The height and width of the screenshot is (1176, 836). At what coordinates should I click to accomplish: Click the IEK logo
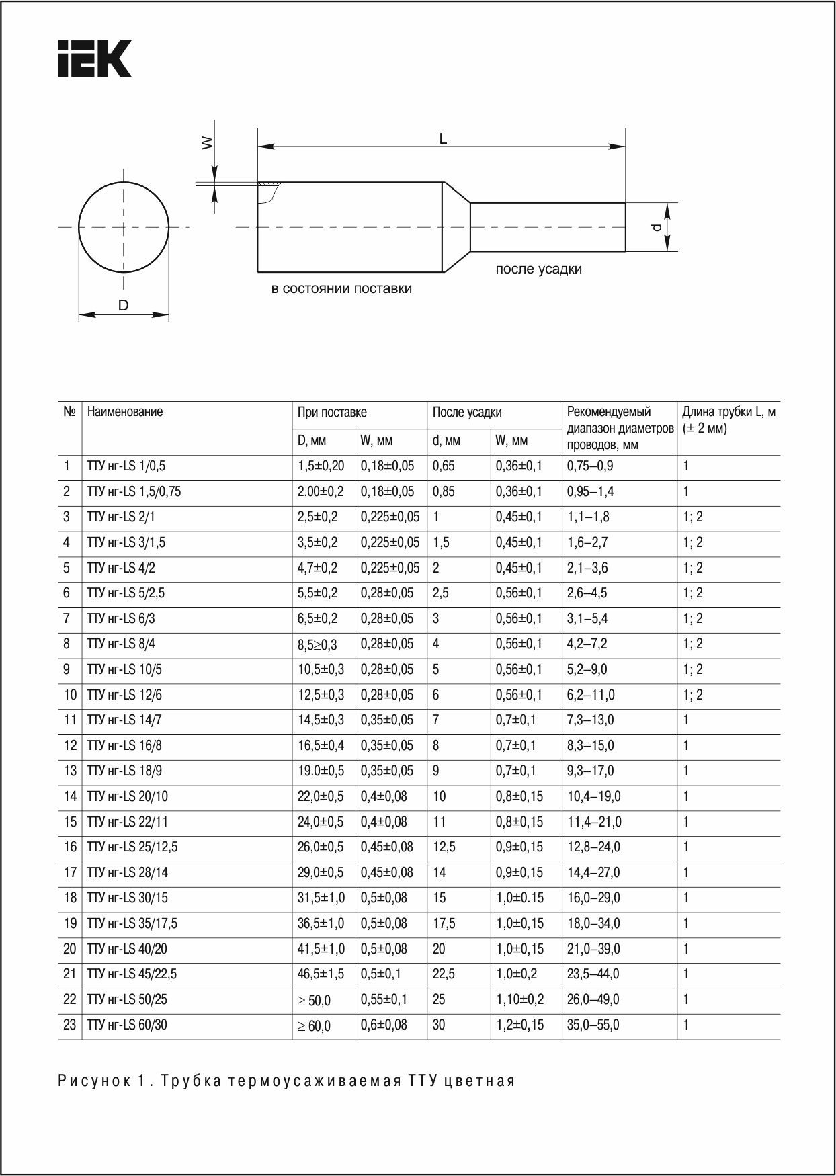(93, 58)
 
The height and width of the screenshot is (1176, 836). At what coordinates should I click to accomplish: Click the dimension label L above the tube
(442, 139)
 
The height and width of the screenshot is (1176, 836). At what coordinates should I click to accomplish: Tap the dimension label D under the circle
(123, 306)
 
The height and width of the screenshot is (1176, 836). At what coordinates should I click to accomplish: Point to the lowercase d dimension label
(657, 228)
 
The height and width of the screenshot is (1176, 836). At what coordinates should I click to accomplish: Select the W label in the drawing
(208, 142)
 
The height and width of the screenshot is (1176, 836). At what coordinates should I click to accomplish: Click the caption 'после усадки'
(538, 269)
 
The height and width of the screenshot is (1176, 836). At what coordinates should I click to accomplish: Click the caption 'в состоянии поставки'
(341, 289)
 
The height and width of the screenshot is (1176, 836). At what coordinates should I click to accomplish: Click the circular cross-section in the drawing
(123, 226)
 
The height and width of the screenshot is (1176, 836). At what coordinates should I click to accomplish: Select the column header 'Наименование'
(125, 412)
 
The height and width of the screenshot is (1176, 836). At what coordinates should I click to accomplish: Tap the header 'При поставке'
(332, 413)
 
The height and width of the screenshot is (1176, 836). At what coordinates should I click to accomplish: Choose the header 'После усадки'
(467, 413)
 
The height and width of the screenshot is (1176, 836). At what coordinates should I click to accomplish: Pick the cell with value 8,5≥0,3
(317, 644)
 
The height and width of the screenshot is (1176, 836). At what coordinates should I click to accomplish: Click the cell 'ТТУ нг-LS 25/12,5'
(132, 847)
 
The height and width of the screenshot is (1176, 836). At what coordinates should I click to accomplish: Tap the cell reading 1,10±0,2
(519, 999)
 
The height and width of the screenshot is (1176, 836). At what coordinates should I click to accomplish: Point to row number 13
(70, 771)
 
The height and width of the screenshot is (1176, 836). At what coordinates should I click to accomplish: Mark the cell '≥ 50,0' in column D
(314, 1001)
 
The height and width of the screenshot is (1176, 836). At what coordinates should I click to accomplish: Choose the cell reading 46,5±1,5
(321, 974)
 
